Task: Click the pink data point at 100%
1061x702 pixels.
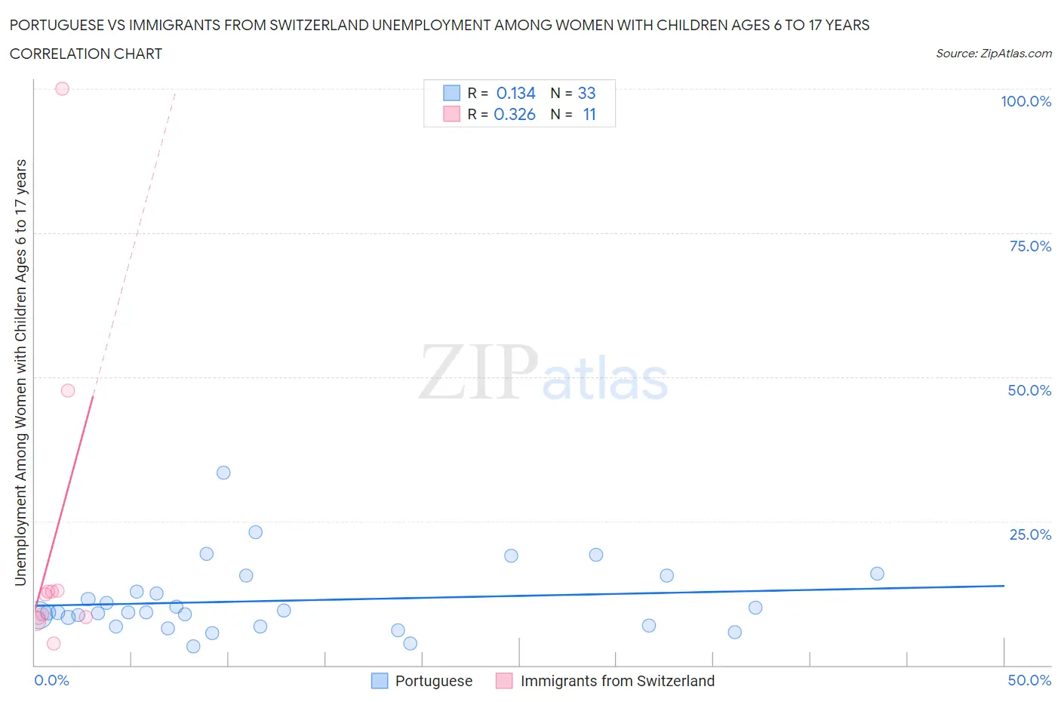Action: (x=62, y=88)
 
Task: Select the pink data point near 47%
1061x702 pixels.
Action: (x=68, y=390)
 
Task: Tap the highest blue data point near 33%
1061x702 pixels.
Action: (x=223, y=473)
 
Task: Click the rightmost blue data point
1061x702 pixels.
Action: (x=877, y=574)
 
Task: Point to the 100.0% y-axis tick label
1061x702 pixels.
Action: (x=1026, y=101)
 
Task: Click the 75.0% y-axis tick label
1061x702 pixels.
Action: (x=1030, y=246)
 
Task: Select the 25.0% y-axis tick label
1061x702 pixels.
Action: (x=1030, y=534)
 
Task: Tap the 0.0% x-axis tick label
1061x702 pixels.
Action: (x=51, y=680)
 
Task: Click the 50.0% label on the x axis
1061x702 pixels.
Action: (x=1029, y=680)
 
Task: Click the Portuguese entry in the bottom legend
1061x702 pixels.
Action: (x=433, y=681)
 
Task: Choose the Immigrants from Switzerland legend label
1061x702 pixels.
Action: (x=617, y=681)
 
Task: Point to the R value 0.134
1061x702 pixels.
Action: (x=515, y=93)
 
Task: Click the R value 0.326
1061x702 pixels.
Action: (x=514, y=114)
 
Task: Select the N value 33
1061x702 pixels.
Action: (x=586, y=93)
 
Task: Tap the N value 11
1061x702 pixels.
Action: (x=589, y=114)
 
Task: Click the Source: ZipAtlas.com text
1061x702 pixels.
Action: (x=993, y=53)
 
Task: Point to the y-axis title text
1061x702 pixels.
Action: (x=20, y=372)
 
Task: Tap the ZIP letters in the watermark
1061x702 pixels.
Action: (x=478, y=372)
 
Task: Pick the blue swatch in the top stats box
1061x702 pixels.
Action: (x=451, y=93)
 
